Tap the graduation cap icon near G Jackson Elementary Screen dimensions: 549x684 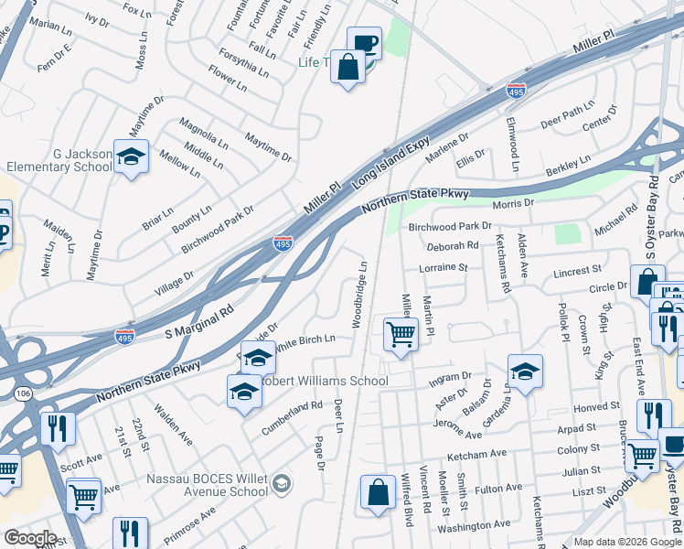[131, 156]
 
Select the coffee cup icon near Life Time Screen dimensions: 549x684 [364, 43]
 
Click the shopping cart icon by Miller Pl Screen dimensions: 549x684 [401, 335]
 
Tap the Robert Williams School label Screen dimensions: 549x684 [324, 381]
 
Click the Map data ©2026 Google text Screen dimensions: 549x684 [625, 542]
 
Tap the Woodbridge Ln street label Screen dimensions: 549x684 [360, 293]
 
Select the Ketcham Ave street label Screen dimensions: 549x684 [476, 455]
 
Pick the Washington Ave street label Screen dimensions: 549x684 [474, 525]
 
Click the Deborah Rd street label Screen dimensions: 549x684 [453, 245]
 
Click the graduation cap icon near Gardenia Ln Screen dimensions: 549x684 [525, 371]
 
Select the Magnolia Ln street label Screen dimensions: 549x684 [203, 133]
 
